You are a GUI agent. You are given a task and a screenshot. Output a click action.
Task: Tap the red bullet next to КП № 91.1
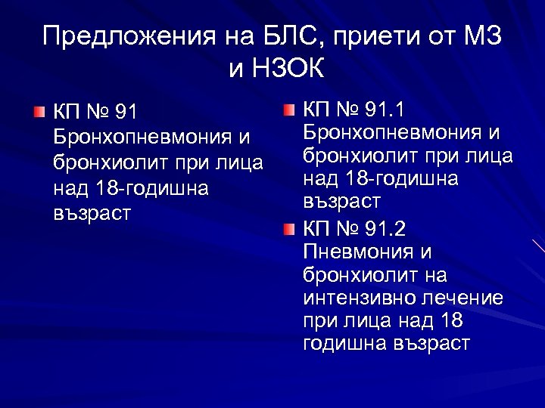[290, 113]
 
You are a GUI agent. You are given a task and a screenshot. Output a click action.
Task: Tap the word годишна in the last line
[344, 344]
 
